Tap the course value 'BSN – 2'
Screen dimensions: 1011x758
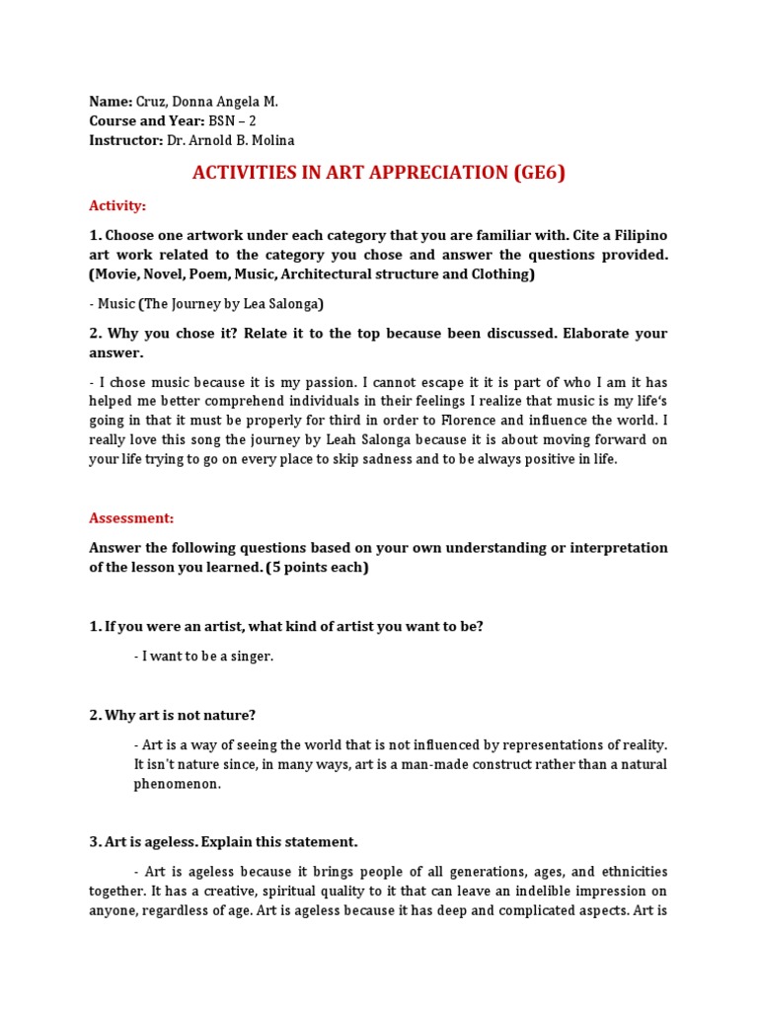(233, 120)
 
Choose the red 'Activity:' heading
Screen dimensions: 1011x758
(117, 205)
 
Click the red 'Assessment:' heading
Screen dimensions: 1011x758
(131, 517)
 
